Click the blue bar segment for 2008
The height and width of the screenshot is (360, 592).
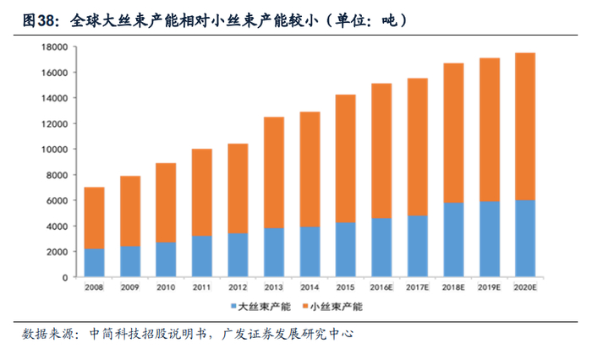click(x=94, y=263)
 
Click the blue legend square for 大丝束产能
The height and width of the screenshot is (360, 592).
click(x=233, y=307)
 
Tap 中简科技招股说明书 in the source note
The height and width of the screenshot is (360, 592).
click(x=150, y=335)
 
